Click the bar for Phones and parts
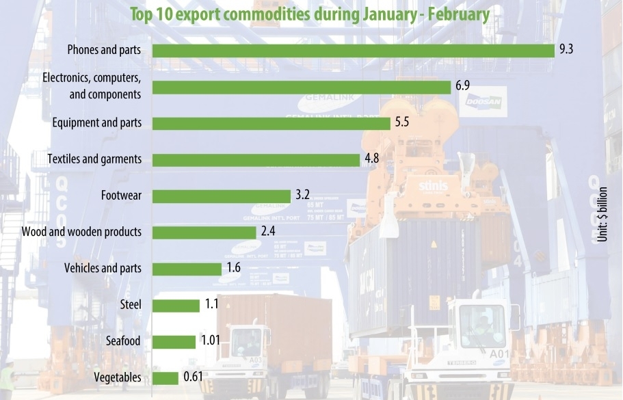point(353,51)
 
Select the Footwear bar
point(221,196)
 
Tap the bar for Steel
point(175,305)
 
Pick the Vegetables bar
point(165,377)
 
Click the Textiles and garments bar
point(256,159)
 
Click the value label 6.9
point(462,86)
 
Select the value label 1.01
point(210,341)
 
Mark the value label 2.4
point(268,232)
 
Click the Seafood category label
point(124,341)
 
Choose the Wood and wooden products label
point(81,232)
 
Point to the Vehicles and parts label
point(103,268)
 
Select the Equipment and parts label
point(97,123)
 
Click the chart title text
point(309,14)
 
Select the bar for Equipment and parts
point(271,123)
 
